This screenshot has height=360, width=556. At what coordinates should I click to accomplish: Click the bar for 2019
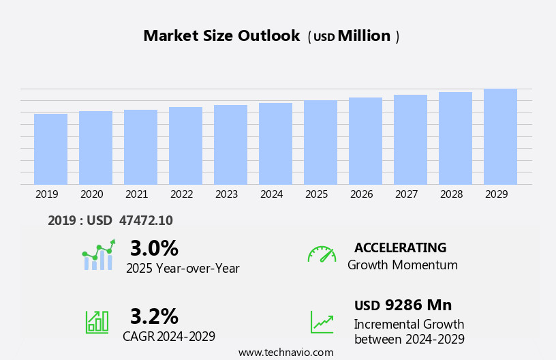[50, 149]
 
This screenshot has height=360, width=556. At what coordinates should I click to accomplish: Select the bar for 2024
[275, 143]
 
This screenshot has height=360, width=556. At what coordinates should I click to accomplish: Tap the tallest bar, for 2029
[500, 136]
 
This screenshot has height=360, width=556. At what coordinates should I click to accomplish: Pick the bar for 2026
[365, 140]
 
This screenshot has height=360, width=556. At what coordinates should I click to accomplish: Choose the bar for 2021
[140, 147]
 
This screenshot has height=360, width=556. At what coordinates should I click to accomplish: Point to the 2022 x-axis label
[181, 194]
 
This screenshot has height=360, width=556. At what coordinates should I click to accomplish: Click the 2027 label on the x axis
[406, 194]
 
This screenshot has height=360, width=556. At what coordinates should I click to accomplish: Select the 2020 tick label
[91, 194]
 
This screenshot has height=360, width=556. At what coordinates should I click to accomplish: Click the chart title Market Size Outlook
[221, 36]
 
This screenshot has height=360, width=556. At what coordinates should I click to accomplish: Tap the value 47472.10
[146, 220]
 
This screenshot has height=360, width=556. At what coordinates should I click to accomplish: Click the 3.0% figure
[154, 248]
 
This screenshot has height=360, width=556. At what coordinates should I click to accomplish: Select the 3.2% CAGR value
[154, 316]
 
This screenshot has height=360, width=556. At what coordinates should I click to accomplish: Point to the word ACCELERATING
[400, 247]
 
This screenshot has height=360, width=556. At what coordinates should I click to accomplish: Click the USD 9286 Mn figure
[403, 305]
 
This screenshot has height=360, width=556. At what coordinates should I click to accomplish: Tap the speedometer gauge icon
[322, 254]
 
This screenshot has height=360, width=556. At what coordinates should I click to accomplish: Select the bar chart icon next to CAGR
[97, 321]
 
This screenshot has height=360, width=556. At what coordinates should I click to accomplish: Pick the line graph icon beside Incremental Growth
[322, 322]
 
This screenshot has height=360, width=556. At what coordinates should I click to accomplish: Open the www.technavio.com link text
[285, 352]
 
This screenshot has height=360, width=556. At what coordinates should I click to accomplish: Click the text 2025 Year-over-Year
[183, 269]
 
